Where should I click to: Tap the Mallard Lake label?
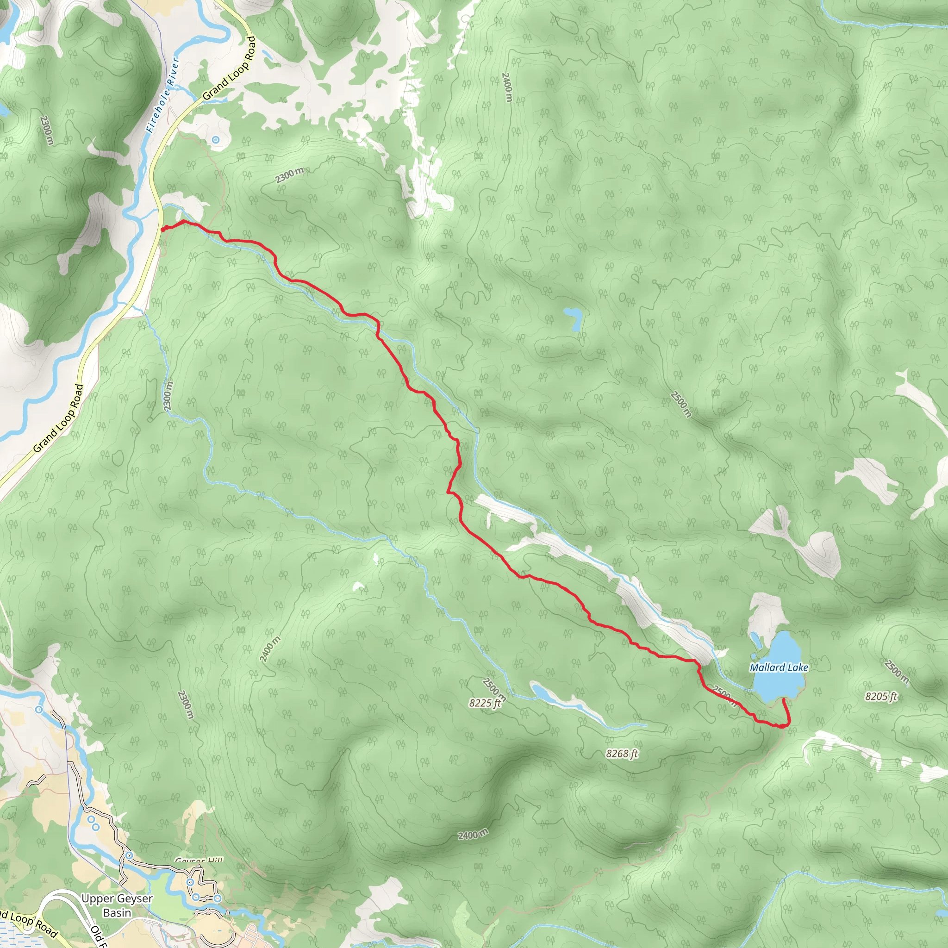click(x=779, y=667)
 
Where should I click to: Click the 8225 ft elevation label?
click(x=485, y=703)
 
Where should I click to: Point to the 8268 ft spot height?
click(x=622, y=753)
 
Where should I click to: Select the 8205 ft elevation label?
click(x=881, y=696)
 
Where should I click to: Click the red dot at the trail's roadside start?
click(x=163, y=228)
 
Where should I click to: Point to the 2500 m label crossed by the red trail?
click(x=725, y=696)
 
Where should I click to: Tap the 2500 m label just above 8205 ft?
click(x=897, y=672)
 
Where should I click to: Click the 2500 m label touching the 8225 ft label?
click(x=493, y=689)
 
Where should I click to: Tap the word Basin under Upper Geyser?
click(x=117, y=913)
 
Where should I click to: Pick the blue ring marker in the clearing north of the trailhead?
click(x=215, y=140)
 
